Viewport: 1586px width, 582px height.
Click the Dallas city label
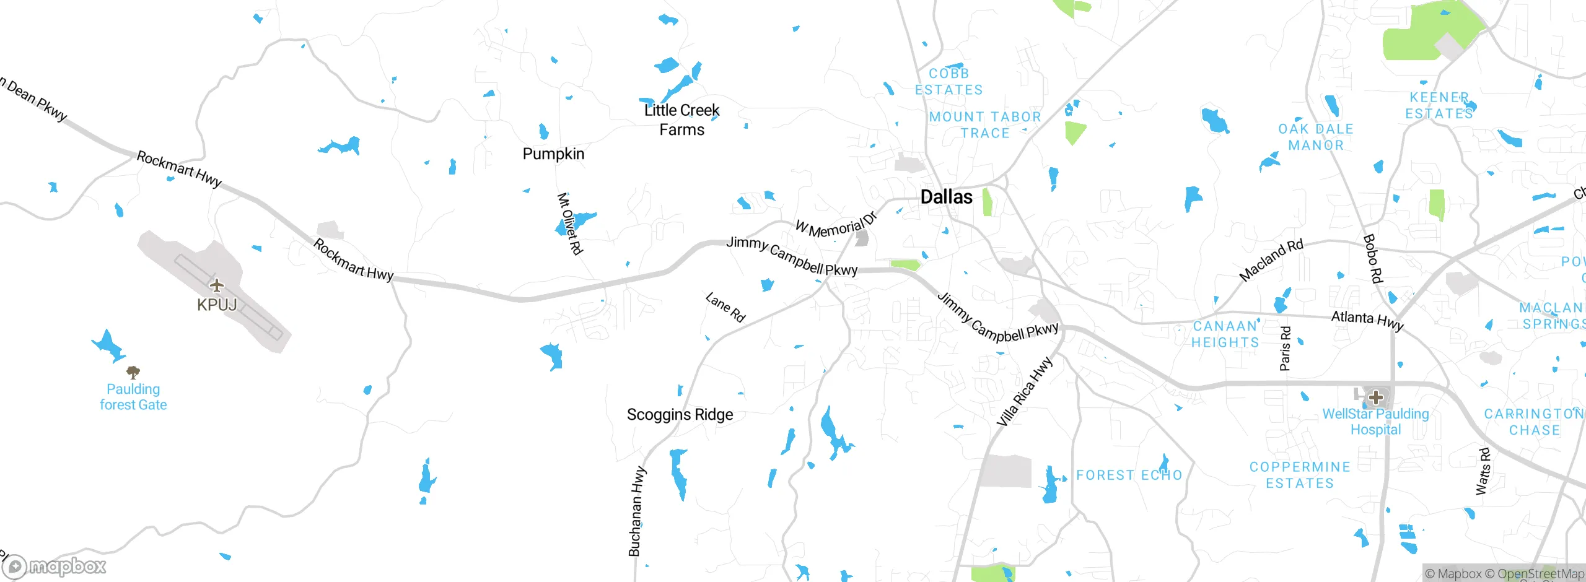pos(946,197)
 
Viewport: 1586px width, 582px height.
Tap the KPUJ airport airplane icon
pos(216,285)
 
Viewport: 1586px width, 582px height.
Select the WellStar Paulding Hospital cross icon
pos(1376,397)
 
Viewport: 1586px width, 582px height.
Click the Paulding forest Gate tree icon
pos(133,372)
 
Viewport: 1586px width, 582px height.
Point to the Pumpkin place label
pos(553,154)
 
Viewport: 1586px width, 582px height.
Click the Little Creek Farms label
pos(681,120)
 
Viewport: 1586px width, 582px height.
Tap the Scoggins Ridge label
pos(680,414)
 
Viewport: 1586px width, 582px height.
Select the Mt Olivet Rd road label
pos(570,224)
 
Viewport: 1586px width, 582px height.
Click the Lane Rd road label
pos(725,307)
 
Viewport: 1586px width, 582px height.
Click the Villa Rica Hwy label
pos(1024,392)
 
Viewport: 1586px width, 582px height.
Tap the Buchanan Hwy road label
pos(637,511)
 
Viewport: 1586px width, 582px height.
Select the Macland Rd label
pos(1271,260)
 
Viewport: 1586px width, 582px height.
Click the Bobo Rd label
pos(1372,259)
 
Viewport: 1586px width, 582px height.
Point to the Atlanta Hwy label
pos(1367,320)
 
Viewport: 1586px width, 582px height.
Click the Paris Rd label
pos(1286,349)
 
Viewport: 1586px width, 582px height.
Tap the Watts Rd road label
pos(1483,471)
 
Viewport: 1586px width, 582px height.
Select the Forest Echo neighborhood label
pos(1129,475)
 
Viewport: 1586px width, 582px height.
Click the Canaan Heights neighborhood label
pos(1225,334)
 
